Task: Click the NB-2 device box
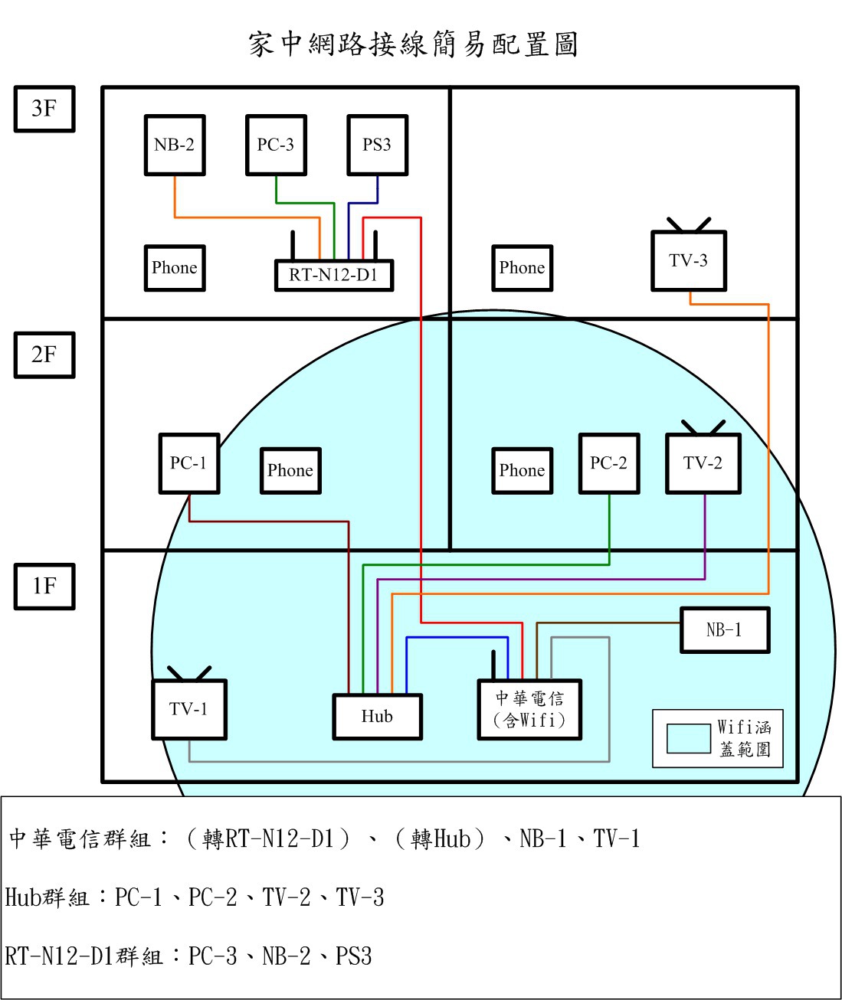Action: point(175,145)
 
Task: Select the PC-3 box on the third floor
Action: point(276,145)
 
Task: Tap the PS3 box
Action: point(378,145)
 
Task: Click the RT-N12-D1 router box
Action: point(334,276)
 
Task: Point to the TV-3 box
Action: point(689,260)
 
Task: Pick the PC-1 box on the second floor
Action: point(189,463)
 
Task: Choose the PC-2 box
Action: point(609,463)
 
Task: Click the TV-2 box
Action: point(703,463)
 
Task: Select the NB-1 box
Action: point(725,630)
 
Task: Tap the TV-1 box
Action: point(189,709)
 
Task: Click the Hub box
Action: point(378,717)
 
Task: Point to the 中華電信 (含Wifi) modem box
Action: point(529,709)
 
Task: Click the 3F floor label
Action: point(44,109)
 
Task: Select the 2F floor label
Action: point(44,355)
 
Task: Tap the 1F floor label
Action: point(44,587)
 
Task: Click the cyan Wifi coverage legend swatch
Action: point(688,738)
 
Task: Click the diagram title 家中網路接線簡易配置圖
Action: point(413,44)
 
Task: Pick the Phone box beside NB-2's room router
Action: point(175,268)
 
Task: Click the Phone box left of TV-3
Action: point(523,268)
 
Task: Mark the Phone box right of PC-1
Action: point(291,471)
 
